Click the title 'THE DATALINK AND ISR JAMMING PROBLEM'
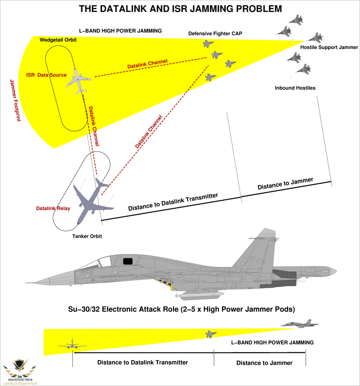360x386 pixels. (x=180, y=9)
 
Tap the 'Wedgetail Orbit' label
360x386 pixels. (x=58, y=40)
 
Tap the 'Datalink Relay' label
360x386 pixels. (x=53, y=209)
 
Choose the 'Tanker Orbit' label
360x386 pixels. (x=87, y=236)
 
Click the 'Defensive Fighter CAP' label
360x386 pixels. (x=215, y=34)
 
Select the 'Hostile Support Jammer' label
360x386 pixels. (x=329, y=48)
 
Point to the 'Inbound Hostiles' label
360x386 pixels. (x=295, y=88)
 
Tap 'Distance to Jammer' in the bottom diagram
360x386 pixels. (x=264, y=363)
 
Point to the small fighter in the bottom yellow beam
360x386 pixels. (x=211, y=334)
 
